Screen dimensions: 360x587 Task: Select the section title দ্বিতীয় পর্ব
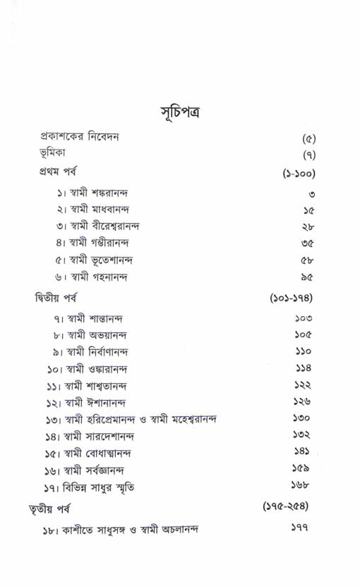(57, 298)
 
